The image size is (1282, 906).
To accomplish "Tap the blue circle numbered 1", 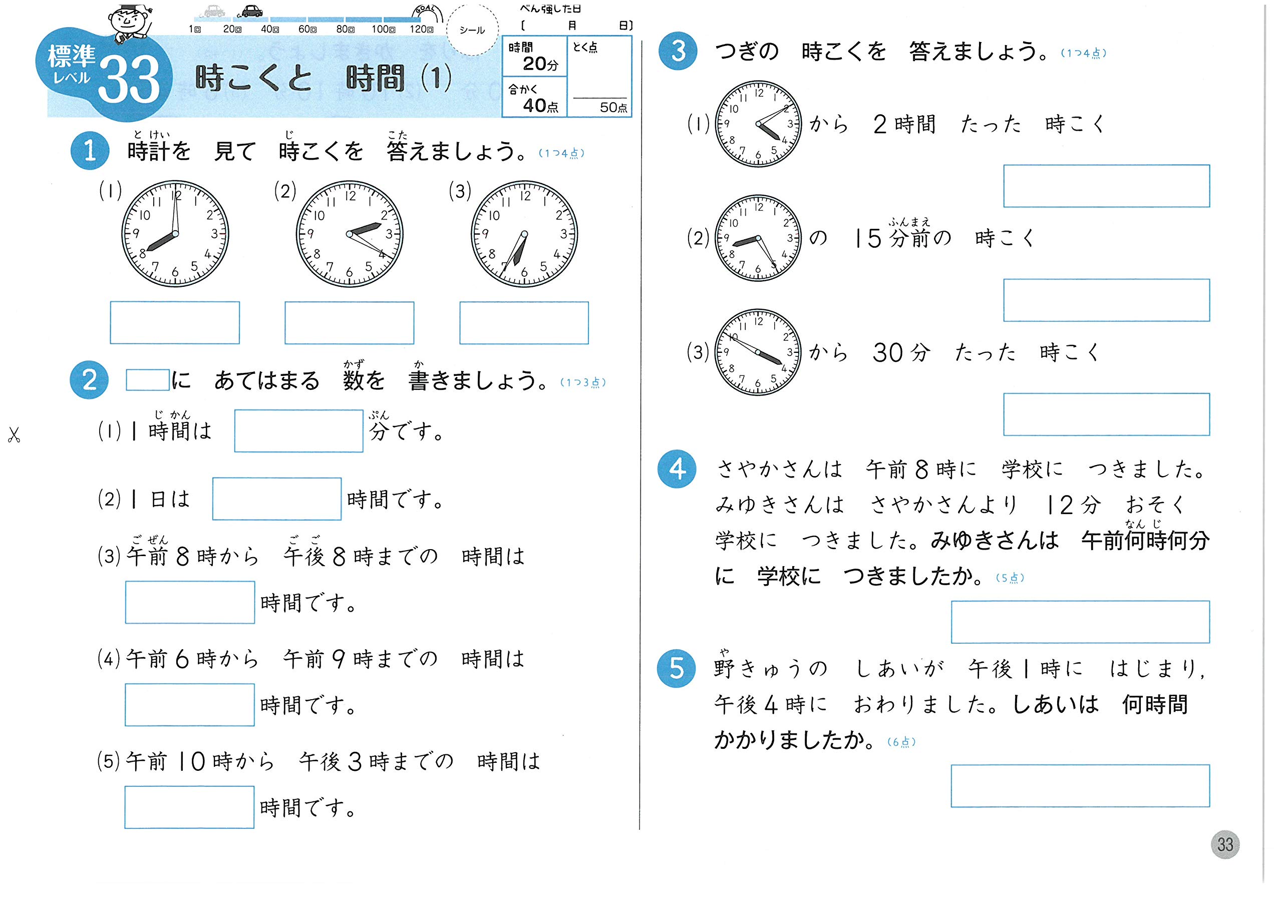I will [x=89, y=151].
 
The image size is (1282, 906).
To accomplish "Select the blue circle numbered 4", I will [x=677, y=469].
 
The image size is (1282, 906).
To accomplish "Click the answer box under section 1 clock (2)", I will [x=349, y=323].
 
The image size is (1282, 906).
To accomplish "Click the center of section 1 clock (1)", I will [x=175, y=233].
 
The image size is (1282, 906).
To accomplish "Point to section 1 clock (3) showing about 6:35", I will [x=524, y=233].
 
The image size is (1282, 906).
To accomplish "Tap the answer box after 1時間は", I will [x=299, y=431].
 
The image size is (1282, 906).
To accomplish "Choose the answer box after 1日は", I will [x=276, y=499].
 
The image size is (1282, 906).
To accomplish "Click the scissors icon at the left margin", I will [x=14, y=434].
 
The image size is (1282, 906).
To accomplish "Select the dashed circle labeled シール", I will [x=472, y=30].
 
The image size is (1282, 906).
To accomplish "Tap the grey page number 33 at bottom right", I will [x=1224, y=844].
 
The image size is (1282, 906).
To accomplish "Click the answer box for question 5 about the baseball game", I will [x=1080, y=785].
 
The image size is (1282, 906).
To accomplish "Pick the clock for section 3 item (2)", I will [x=758, y=238].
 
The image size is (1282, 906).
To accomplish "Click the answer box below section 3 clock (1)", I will [x=1106, y=186].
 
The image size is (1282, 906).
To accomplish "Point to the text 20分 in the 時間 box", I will [x=540, y=64].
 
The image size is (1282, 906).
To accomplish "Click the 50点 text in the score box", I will [x=612, y=107].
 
